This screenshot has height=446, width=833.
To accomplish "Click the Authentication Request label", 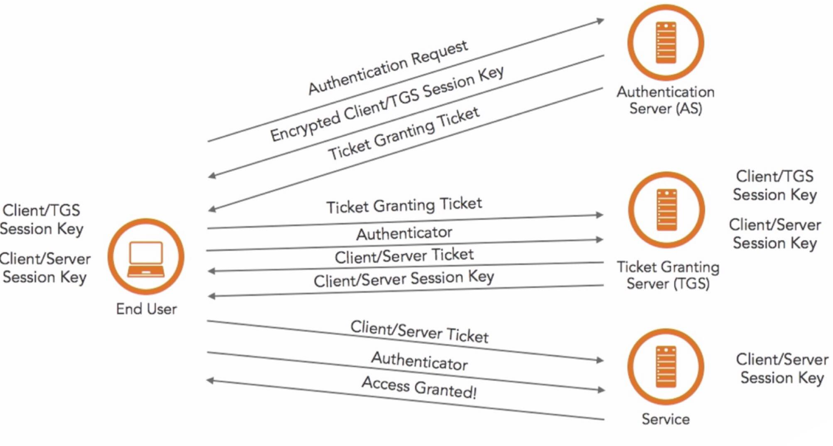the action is click(x=388, y=67).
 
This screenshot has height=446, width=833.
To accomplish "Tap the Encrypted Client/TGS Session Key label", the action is click(x=387, y=103).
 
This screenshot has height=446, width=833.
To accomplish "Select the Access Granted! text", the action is click(x=419, y=387).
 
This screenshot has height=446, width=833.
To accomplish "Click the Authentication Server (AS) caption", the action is click(x=665, y=100).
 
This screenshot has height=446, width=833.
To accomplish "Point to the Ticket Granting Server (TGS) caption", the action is click(x=668, y=275).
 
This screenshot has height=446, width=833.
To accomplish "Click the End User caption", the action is click(x=146, y=309).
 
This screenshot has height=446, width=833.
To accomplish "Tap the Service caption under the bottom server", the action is click(x=665, y=419).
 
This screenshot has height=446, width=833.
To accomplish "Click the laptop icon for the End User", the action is click(x=146, y=259).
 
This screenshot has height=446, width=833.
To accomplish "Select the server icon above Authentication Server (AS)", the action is click(x=665, y=42).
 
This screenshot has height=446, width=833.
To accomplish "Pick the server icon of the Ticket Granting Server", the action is click(x=667, y=210).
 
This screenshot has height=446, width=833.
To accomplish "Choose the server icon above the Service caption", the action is click(x=665, y=367).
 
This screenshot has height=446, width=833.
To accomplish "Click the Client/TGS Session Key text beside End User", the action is click(x=41, y=219).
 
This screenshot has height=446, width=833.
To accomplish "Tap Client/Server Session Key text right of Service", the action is click(x=782, y=368).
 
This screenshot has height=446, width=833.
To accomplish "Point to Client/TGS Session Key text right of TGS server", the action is click(x=774, y=186).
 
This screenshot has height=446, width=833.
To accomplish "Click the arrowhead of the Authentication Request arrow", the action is click(x=600, y=21).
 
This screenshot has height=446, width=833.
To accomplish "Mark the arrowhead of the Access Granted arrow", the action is click(x=210, y=380).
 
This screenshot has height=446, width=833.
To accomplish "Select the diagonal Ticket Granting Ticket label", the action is click(x=404, y=134).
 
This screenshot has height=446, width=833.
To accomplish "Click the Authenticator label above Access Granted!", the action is click(x=420, y=361).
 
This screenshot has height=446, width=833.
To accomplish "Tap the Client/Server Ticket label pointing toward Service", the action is click(x=420, y=332).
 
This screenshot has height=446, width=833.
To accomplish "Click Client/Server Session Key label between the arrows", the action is click(x=404, y=279).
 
